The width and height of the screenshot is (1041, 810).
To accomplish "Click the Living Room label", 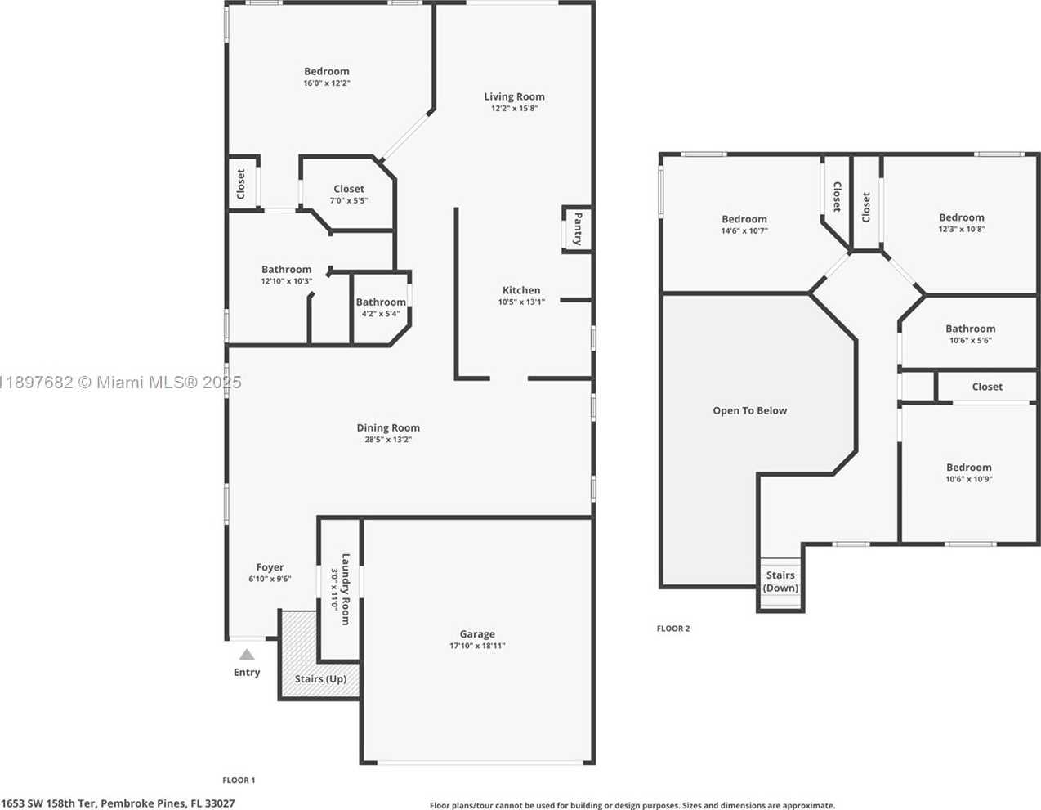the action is tap(514, 96).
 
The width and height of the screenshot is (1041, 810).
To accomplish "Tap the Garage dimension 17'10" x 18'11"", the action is tap(477, 646).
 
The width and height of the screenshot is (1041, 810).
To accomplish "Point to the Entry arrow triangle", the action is tap(247, 655).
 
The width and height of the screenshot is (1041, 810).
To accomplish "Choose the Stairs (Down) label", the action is tap(780, 581).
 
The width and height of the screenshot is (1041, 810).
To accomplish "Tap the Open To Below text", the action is tap(750, 411).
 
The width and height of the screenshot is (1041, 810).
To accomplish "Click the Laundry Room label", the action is tap(346, 589).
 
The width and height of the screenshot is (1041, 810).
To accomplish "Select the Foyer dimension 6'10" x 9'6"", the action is tap(270, 579).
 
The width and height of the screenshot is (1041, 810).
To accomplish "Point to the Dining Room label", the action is tap(388, 427).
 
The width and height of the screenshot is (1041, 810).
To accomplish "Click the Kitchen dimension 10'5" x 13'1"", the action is tap(521, 302).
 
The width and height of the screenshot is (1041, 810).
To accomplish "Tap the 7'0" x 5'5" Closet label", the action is tap(349, 189).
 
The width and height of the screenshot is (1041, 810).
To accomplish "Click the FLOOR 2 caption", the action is tap(673, 629).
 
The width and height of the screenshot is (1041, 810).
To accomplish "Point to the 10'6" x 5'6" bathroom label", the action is tap(970, 329).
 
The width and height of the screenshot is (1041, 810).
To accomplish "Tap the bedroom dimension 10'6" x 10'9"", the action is tap(968, 479).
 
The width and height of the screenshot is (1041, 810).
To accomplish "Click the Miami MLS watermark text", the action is tap(121, 383).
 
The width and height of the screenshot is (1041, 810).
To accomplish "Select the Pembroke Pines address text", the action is tap(118, 803).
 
